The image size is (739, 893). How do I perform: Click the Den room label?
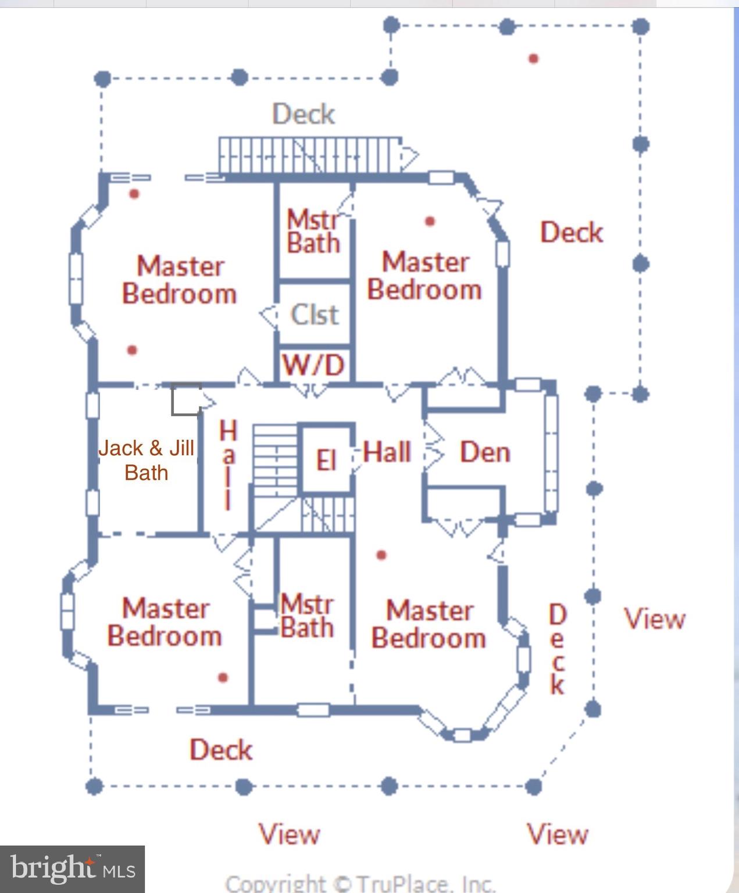click(x=485, y=452)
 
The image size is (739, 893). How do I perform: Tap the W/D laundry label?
click(x=313, y=365)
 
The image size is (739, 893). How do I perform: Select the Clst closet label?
click(x=315, y=315)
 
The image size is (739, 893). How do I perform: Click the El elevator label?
click(x=326, y=460)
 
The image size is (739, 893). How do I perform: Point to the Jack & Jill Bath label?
click(x=146, y=460)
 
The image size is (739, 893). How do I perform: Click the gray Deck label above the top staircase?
click(x=304, y=114)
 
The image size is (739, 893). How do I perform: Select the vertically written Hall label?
click(x=229, y=465)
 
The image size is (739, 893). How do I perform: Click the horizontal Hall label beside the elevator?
click(x=387, y=452)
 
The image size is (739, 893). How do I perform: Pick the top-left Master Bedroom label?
click(x=180, y=280)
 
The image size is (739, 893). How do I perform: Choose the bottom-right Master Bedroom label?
click(x=429, y=624)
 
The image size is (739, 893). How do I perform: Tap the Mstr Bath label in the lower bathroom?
click(x=307, y=616)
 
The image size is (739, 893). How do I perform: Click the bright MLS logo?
click(x=72, y=869)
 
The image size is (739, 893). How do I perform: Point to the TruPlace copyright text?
click(x=360, y=883)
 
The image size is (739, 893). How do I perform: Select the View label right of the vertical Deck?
click(x=655, y=619)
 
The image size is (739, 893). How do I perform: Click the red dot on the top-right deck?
click(x=533, y=58)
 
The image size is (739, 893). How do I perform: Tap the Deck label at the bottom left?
click(x=221, y=749)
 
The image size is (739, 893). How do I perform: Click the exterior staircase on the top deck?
click(x=310, y=155)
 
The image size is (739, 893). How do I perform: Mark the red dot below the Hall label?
click(x=381, y=555)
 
